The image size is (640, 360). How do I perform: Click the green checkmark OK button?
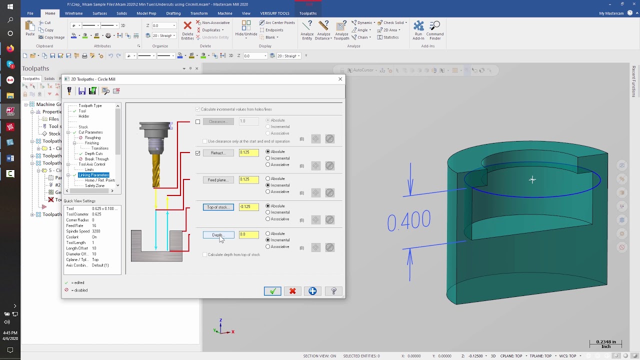click(x=272, y=291)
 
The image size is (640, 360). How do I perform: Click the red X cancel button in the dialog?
click(x=292, y=291)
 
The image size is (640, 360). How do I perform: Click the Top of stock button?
click(x=218, y=207)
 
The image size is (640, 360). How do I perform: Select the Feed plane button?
click(x=218, y=180)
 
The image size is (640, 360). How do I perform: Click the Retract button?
click(x=218, y=153)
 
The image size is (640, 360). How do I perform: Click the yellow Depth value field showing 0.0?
click(x=248, y=234)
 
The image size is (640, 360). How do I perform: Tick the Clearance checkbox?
click(x=198, y=121)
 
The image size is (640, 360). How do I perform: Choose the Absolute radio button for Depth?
click(x=268, y=233)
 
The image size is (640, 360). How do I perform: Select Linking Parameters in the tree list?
click(x=93, y=175)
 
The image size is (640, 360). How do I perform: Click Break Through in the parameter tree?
click(x=96, y=159)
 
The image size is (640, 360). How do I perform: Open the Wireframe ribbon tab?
click(x=74, y=13)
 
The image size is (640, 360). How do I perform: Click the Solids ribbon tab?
click(x=121, y=13)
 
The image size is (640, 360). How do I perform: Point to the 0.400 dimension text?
click(x=409, y=220)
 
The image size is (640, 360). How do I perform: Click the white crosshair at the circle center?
click(x=532, y=179)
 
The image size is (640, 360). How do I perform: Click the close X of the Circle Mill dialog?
click(x=340, y=79)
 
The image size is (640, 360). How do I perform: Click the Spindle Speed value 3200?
click(x=96, y=231)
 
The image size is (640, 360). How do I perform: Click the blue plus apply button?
click(x=312, y=291)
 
